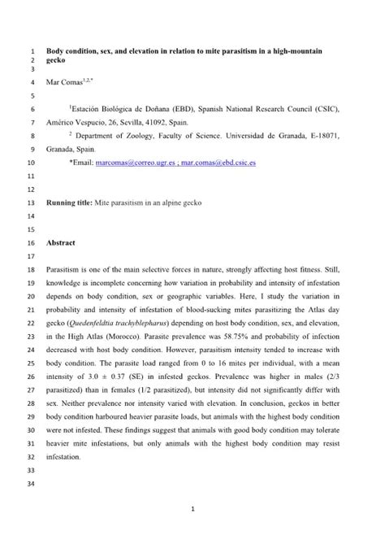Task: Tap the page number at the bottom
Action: pyautogui.click(x=192, y=510)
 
